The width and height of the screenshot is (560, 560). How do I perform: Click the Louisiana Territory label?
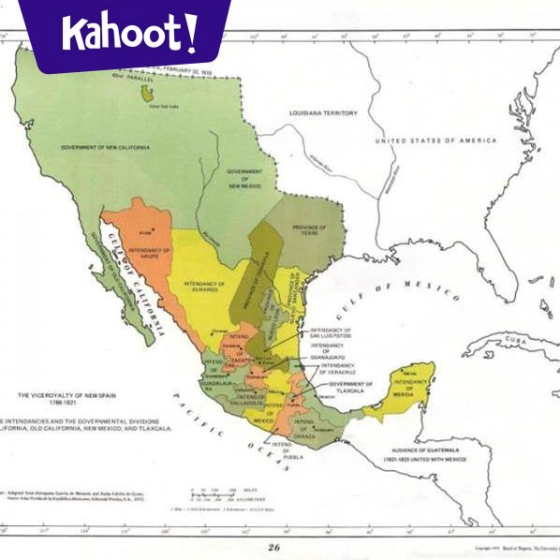(323, 113)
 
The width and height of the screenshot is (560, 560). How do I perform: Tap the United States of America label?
(435, 140)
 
